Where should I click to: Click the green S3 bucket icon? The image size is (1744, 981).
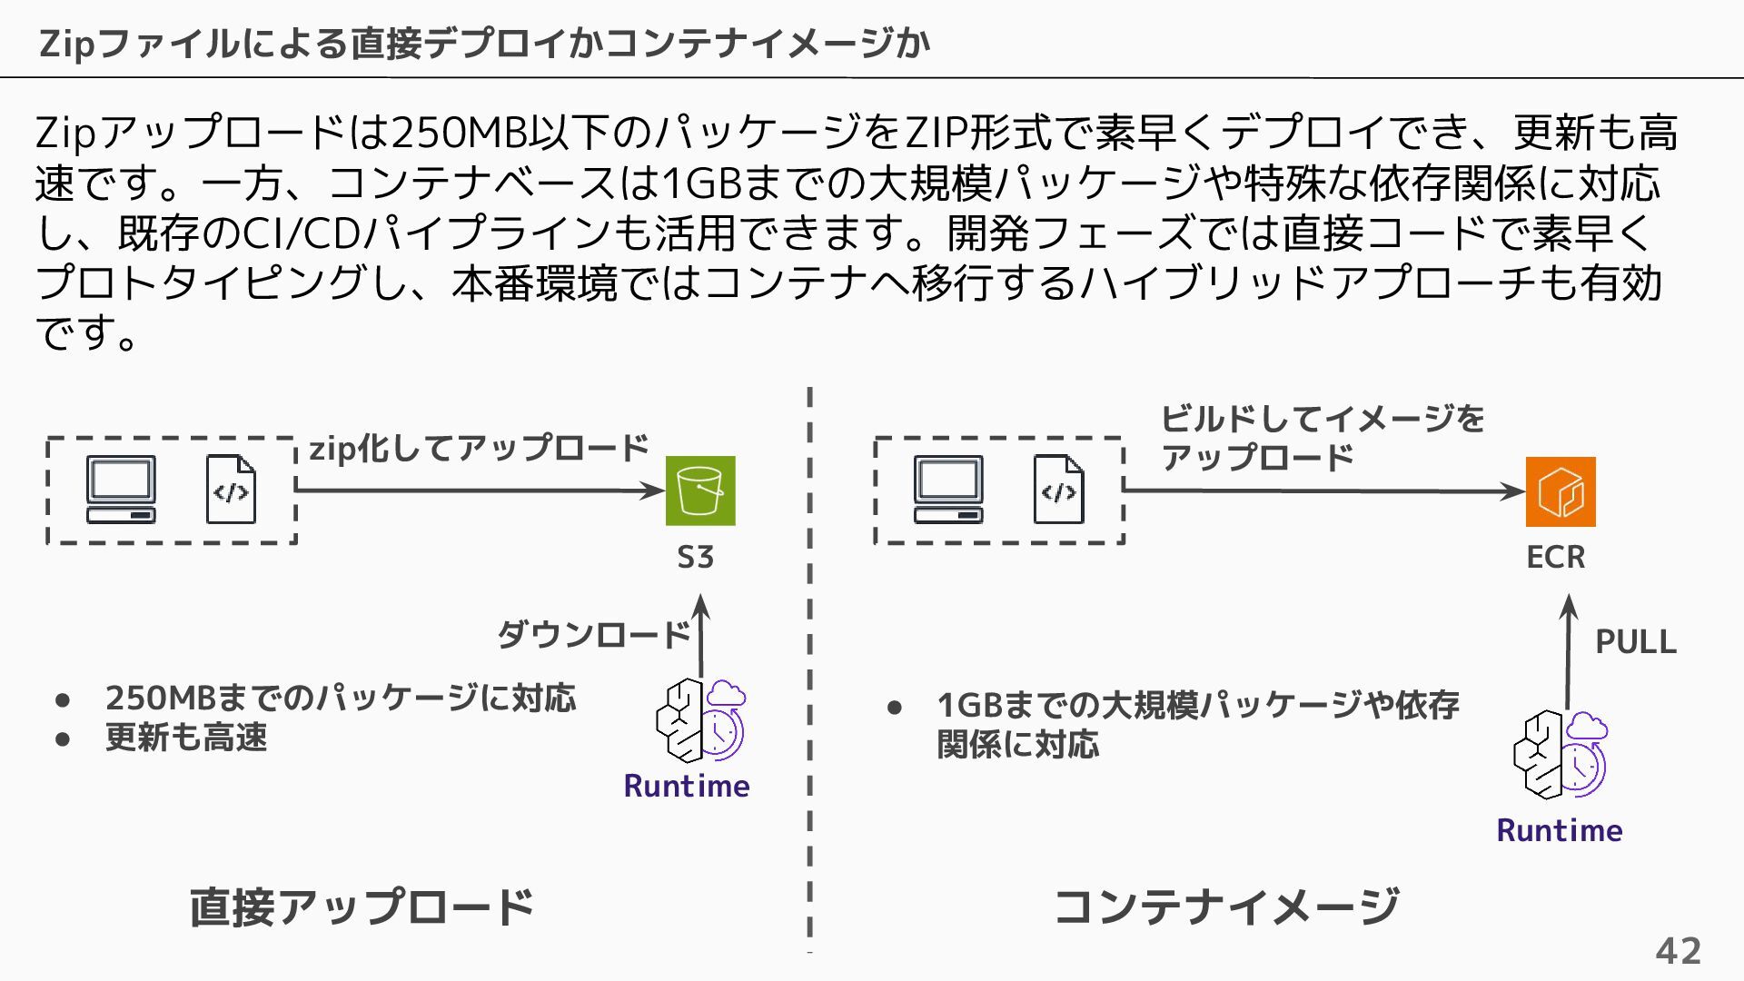[700, 490]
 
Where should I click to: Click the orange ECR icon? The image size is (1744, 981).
[1561, 491]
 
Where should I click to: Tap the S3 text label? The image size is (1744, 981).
[696, 557]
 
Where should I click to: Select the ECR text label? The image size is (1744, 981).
[1555, 557]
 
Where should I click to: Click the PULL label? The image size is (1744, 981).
[1635, 642]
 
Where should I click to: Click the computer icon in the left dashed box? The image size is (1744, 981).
[121, 490]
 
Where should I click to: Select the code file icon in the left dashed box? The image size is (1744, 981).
[231, 490]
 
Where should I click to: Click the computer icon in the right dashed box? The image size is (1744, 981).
[948, 490]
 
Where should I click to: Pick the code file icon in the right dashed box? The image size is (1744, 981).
[1058, 490]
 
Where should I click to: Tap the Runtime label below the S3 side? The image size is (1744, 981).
[687, 786]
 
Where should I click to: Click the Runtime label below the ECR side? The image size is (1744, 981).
[1559, 830]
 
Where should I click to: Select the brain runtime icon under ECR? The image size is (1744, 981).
[1559, 755]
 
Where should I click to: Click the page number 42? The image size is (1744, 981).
[1678, 951]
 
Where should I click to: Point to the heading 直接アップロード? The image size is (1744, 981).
[362, 907]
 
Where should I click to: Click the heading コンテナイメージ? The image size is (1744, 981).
[1226, 907]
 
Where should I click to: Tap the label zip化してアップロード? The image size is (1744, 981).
[480, 449]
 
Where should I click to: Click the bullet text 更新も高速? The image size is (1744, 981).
[186, 738]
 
